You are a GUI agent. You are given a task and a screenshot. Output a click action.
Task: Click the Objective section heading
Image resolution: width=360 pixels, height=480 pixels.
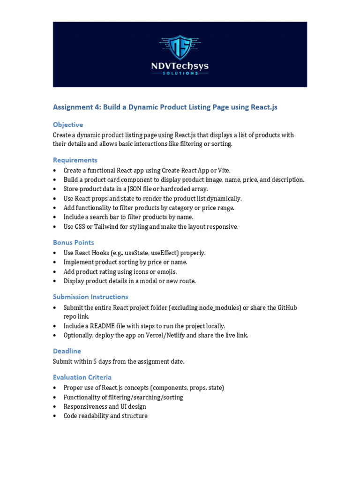(68, 125)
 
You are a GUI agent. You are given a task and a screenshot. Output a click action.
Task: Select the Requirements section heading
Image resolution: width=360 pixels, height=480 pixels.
(75, 160)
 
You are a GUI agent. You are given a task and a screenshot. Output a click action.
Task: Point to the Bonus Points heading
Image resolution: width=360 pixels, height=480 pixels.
(73, 242)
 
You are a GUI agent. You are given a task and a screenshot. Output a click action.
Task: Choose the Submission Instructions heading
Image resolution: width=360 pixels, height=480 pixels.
(90, 297)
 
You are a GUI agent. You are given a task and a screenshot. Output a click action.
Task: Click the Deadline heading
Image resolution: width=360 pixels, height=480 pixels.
(67, 351)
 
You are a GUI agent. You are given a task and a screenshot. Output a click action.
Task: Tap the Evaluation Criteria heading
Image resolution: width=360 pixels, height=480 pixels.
(82, 377)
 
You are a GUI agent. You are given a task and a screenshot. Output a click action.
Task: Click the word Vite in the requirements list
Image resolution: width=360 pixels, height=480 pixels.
(223, 171)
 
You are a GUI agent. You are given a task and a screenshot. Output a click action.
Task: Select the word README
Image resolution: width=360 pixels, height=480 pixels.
(104, 326)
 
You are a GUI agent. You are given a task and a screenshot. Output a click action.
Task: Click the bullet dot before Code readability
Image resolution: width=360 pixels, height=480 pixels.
(55, 416)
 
